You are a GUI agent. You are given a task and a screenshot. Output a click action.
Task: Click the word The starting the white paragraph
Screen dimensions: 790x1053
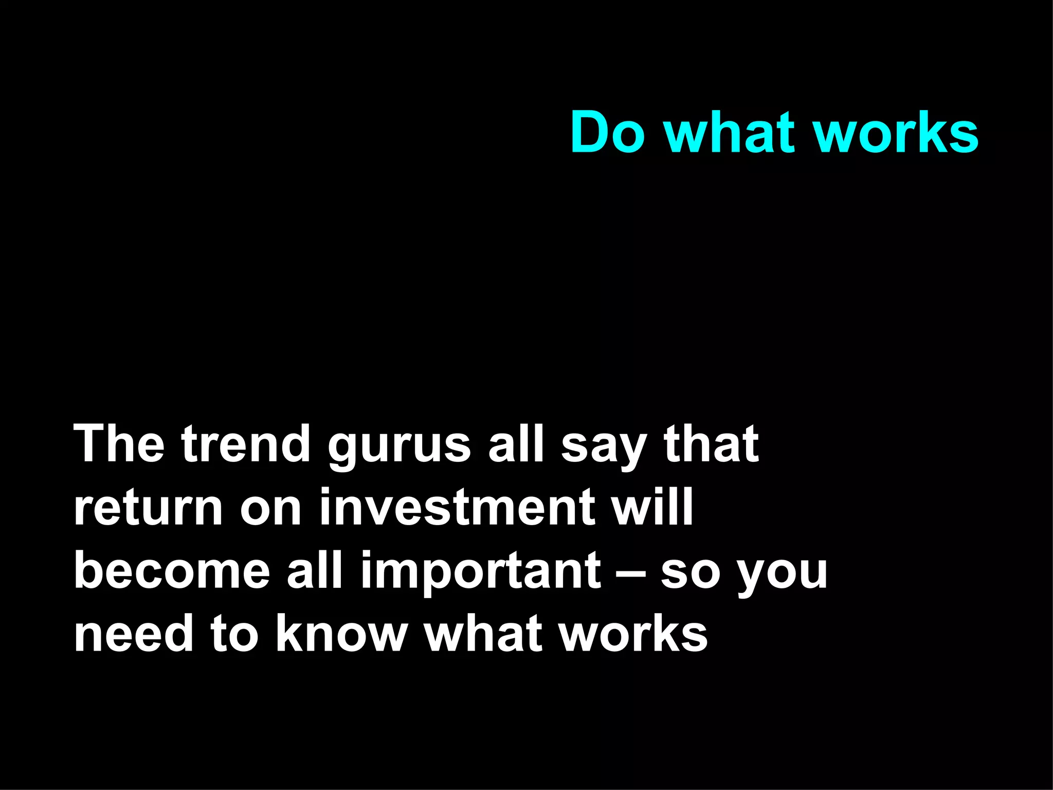119,443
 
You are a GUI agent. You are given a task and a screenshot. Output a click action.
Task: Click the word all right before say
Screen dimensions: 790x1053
516,443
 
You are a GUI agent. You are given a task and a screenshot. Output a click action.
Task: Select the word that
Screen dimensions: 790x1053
711,443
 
